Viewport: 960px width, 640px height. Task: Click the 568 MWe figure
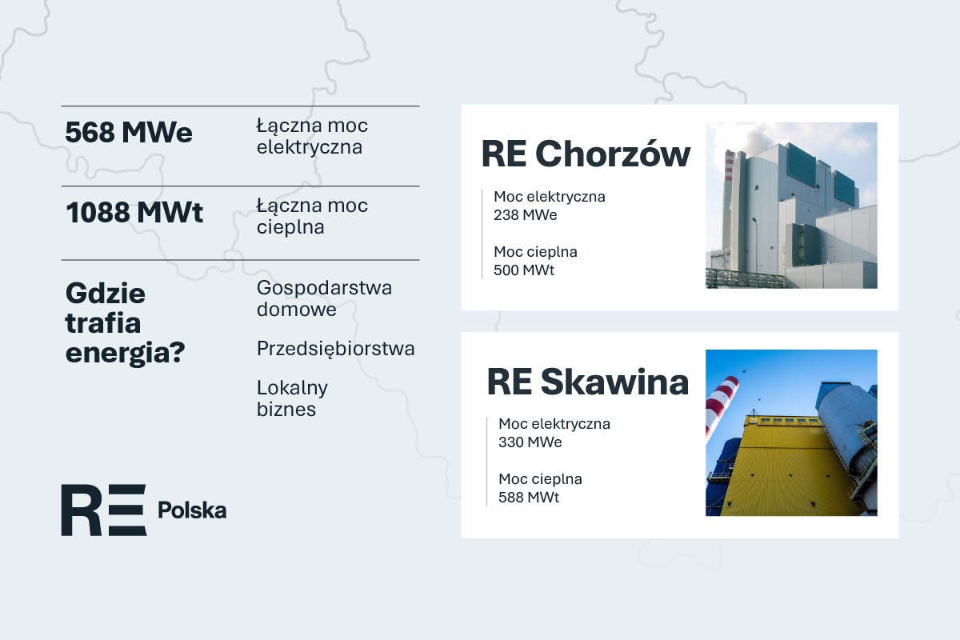129,133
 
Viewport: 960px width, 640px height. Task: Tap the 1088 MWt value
134,213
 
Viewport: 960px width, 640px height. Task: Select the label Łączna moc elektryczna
312,137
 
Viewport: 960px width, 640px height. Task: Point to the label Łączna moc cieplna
312,217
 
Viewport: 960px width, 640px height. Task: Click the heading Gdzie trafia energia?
126,323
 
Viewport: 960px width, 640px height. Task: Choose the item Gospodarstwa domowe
324,298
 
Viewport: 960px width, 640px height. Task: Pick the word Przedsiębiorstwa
335,349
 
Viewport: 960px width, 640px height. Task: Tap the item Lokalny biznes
292,398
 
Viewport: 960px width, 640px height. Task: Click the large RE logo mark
104,510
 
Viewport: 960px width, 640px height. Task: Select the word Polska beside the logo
192,510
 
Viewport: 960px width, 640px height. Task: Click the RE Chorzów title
586,154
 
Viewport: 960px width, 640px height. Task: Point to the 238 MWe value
526,215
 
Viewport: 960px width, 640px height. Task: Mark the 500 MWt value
524,270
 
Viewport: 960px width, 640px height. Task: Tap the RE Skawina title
588,382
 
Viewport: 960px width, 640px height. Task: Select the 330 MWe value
530,442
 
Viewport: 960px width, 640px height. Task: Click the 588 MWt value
529,498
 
